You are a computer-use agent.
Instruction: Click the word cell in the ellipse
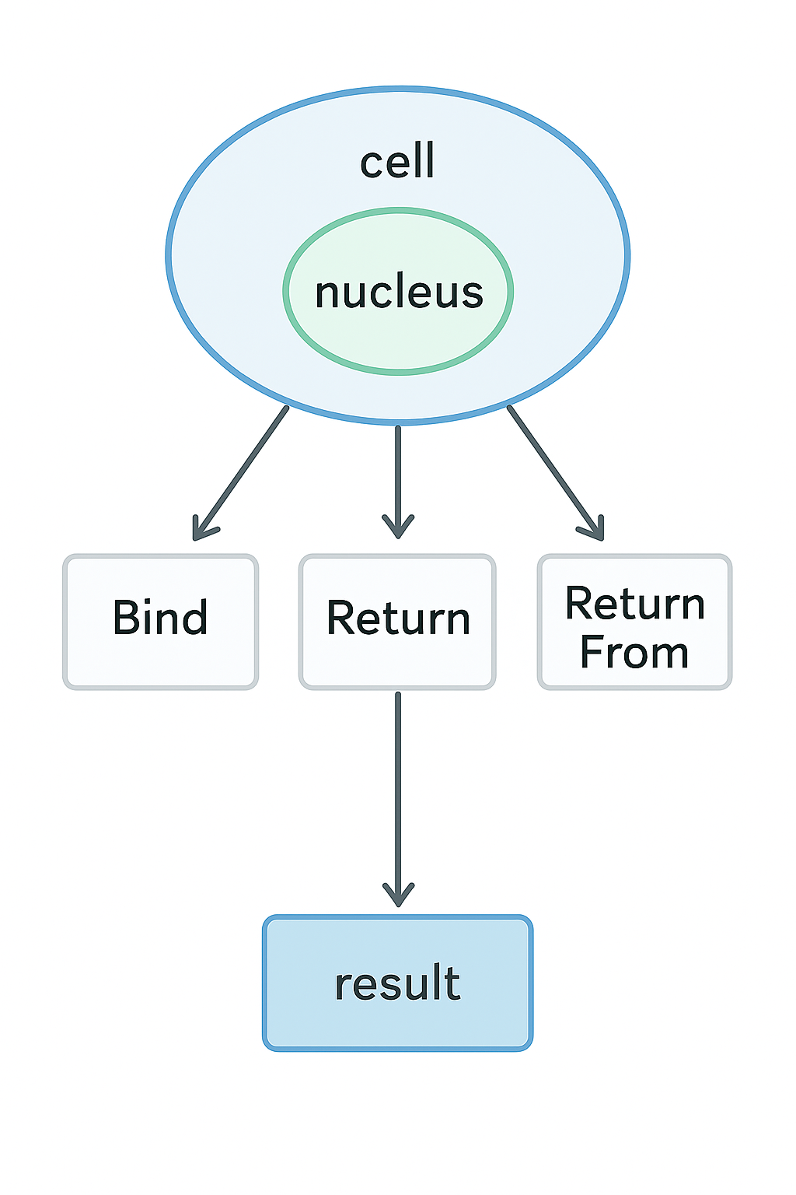pos(397,162)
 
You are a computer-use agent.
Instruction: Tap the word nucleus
pos(399,293)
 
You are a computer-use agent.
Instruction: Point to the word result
pos(397,983)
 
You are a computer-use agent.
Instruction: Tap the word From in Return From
pos(634,652)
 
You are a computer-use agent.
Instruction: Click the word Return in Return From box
pos(634,604)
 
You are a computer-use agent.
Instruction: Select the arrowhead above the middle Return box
pos(398,527)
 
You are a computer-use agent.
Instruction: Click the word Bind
pos(160,618)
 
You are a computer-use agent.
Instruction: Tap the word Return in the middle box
pos(398,619)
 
